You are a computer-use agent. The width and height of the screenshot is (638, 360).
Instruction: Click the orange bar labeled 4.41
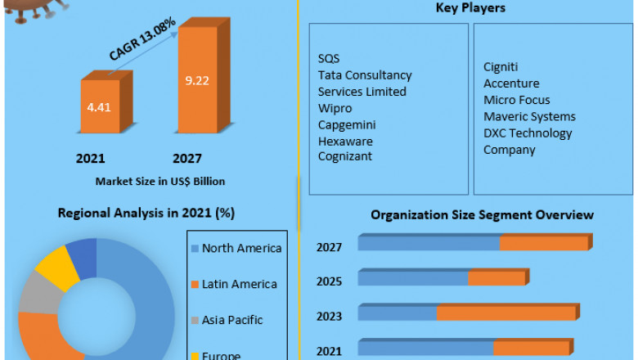[x=100, y=106]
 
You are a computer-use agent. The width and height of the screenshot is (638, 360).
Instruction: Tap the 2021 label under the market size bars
[x=91, y=158]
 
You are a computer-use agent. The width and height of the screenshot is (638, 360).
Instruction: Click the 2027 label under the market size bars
[x=187, y=158]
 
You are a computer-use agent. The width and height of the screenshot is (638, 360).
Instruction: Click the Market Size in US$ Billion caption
[x=160, y=181]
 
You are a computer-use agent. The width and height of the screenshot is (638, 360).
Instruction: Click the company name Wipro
[x=335, y=108]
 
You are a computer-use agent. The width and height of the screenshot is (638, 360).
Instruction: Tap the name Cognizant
[x=345, y=156]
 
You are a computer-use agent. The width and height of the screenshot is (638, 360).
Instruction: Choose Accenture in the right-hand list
[x=510, y=83]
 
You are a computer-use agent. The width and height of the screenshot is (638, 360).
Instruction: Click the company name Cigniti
[x=501, y=67]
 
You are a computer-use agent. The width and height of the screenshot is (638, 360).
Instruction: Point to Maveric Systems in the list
[x=529, y=116]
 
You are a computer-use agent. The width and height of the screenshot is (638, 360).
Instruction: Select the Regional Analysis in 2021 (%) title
[x=146, y=214]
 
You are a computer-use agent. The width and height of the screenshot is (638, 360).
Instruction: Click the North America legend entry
[x=241, y=248]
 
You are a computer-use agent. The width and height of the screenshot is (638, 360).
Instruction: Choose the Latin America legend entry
[x=239, y=284]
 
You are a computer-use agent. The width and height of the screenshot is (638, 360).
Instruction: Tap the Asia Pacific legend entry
[x=232, y=320]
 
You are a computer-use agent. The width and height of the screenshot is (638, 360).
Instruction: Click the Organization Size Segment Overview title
[x=482, y=215]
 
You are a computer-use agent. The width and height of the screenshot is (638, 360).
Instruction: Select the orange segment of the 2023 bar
[x=506, y=313]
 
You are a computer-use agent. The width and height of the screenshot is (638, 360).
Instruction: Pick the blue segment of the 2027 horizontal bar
[x=429, y=244]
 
